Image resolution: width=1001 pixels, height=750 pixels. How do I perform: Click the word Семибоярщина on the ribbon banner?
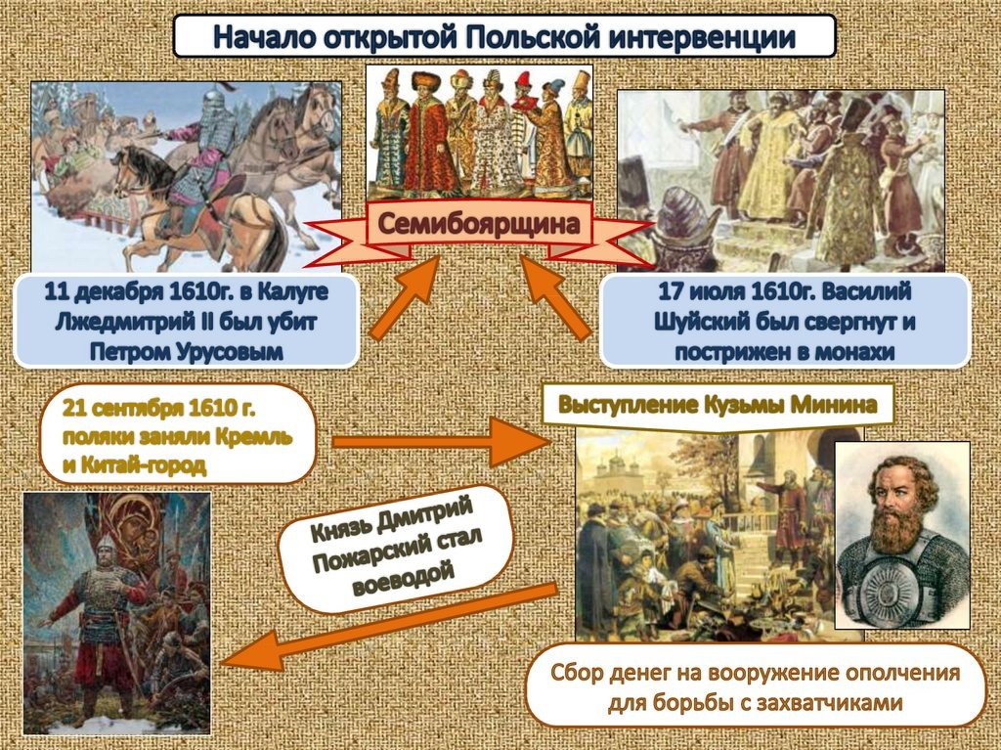479,224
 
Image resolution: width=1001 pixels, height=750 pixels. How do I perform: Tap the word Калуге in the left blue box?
293,292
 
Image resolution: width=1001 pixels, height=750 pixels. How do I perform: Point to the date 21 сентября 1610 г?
159,408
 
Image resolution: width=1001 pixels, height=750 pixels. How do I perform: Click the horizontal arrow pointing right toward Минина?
441,441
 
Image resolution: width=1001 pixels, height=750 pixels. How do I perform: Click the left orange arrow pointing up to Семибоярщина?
406,297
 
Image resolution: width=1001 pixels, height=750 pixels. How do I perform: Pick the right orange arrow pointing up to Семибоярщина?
555,297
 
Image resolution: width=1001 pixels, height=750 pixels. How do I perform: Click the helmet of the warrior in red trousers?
106,547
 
